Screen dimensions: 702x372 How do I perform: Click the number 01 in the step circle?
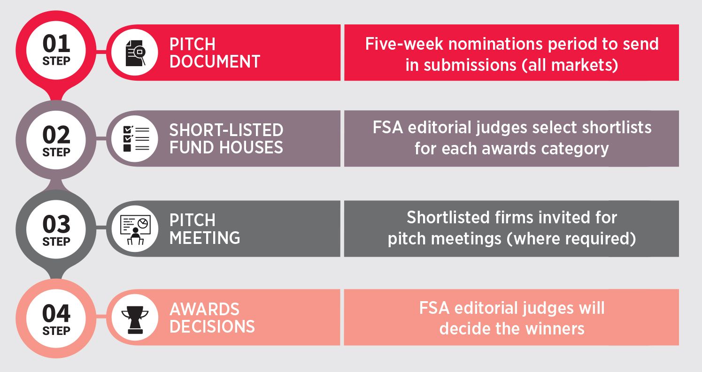(56, 44)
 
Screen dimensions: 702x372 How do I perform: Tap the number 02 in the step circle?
(56, 135)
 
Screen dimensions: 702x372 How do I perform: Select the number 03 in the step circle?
(56, 224)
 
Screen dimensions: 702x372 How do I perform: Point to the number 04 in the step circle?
(56, 313)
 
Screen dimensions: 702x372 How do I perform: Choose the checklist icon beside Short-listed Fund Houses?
(136, 139)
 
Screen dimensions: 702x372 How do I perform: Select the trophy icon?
(135, 319)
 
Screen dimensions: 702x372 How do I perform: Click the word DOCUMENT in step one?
(215, 61)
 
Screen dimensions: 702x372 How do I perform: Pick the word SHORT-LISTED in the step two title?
(226, 130)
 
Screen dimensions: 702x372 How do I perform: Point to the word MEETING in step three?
(205, 238)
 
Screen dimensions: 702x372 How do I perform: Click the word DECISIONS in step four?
(212, 326)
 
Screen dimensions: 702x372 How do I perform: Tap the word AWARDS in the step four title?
(204, 309)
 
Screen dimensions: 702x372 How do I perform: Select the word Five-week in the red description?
(404, 44)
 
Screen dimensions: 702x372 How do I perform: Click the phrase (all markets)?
(570, 65)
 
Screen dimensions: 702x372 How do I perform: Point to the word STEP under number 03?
(56, 242)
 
